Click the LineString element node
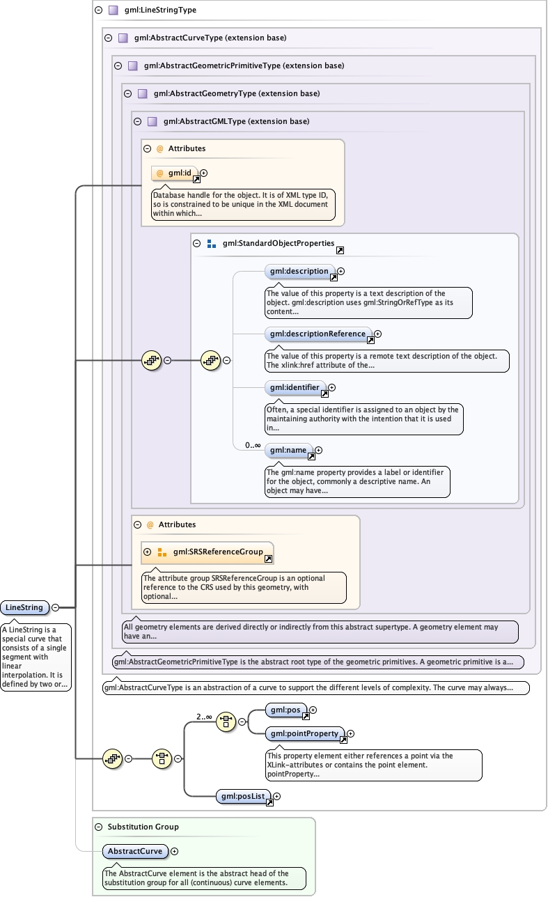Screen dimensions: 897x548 click(24, 607)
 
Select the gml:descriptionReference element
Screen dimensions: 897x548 click(318, 334)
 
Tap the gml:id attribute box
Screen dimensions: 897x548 click(175, 173)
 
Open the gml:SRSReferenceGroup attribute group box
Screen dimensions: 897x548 click(208, 552)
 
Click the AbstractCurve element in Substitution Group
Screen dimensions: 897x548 click(135, 851)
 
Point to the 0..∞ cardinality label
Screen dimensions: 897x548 click(253, 445)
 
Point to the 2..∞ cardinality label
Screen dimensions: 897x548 click(204, 716)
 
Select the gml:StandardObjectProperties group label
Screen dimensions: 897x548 click(279, 244)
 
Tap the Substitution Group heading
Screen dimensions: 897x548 click(143, 827)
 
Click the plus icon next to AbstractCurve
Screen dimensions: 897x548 click(175, 851)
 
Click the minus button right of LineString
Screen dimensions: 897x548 click(55, 607)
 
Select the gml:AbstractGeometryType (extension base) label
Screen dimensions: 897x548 click(237, 93)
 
